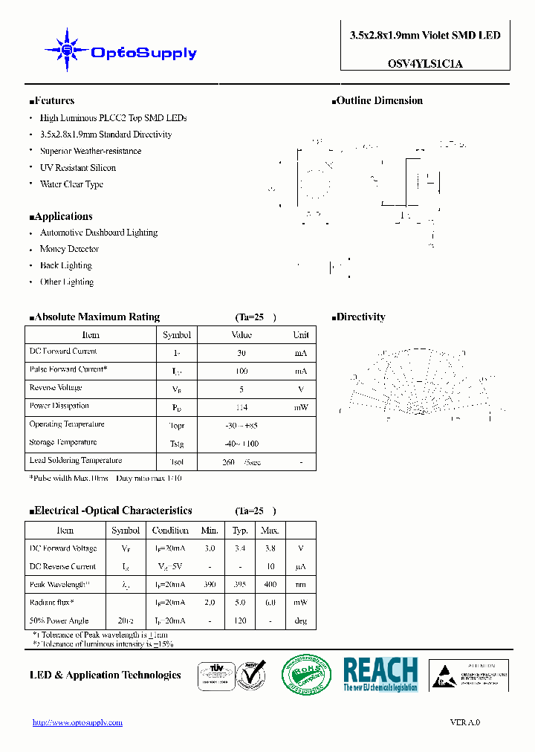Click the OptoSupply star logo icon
pyautogui.click(x=67, y=50)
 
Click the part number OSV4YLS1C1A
pyautogui.click(x=425, y=64)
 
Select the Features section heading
pyautogui.click(x=52, y=101)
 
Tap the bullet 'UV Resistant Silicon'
pyautogui.click(x=77, y=168)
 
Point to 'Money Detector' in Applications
pyautogui.click(x=69, y=250)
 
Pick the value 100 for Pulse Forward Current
pyautogui.click(x=241, y=370)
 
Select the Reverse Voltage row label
pyautogui.click(x=56, y=388)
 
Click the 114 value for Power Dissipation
pyautogui.click(x=241, y=406)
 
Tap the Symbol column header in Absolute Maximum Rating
pyautogui.click(x=177, y=335)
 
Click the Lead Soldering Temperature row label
pyautogui.click(x=75, y=461)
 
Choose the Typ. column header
pyautogui.click(x=240, y=531)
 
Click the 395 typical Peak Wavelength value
pyautogui.click(x=240, y=585)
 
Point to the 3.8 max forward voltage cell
pyautogui.click(x=270, y=548)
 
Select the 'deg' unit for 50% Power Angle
pyautogui.click(x=301, y=621)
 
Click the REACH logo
pyautogui.click(x=380, y=675)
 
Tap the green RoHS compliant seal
pyautogui.click(x=306, y=675)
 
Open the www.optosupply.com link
pyautogui.click(x=77, y=722)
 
